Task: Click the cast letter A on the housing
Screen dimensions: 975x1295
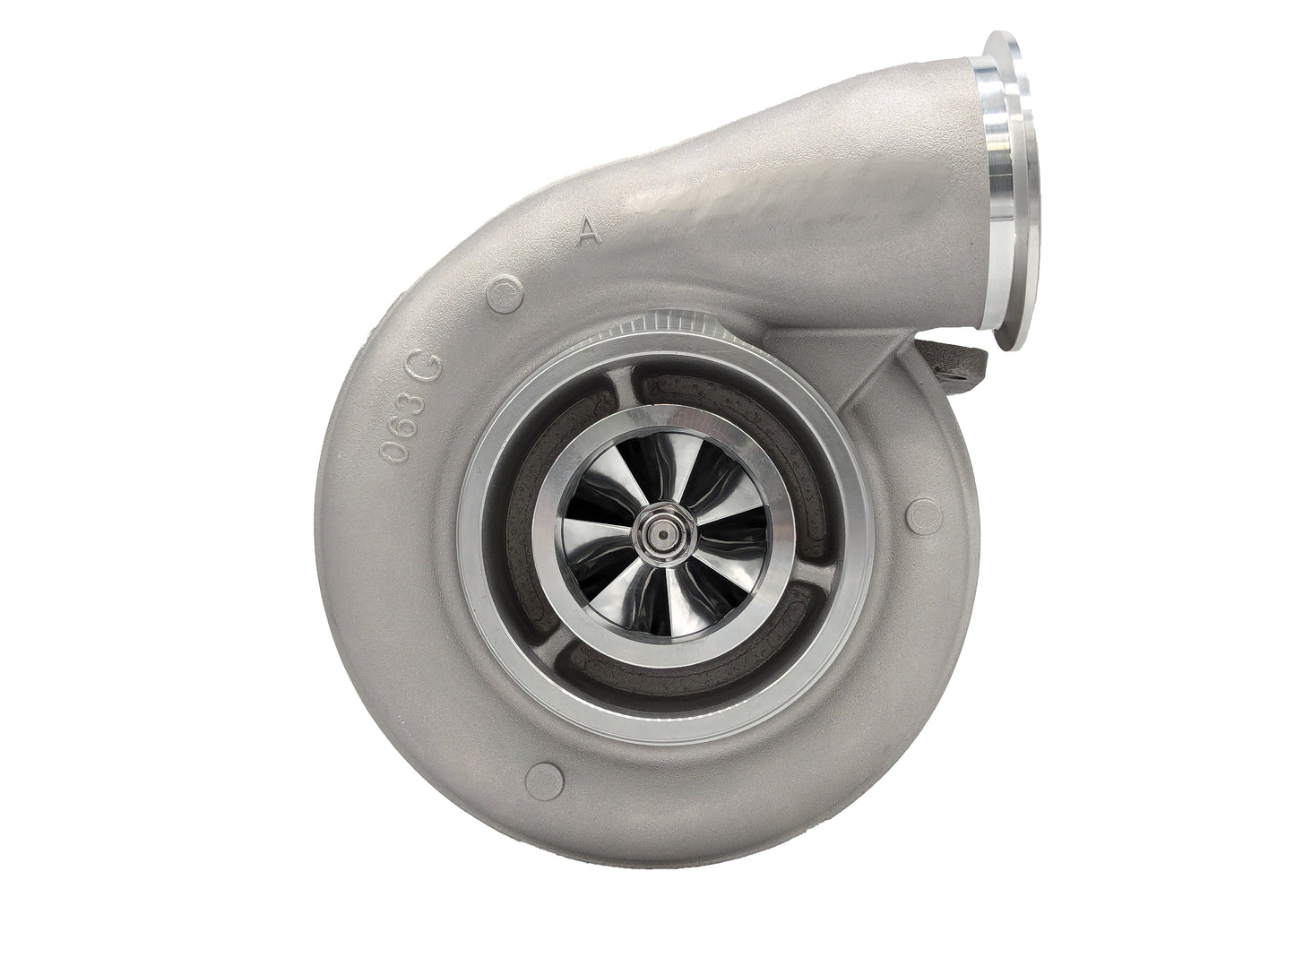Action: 588,232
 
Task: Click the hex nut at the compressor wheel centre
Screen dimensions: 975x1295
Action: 662,535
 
